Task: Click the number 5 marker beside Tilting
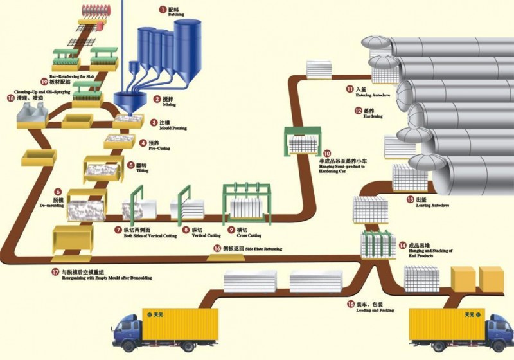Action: point(132,165)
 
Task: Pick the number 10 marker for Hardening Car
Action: point(327,154)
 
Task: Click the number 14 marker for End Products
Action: point(403,245)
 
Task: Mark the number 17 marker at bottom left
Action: point(56,271)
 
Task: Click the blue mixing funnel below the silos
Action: point(129,100)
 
